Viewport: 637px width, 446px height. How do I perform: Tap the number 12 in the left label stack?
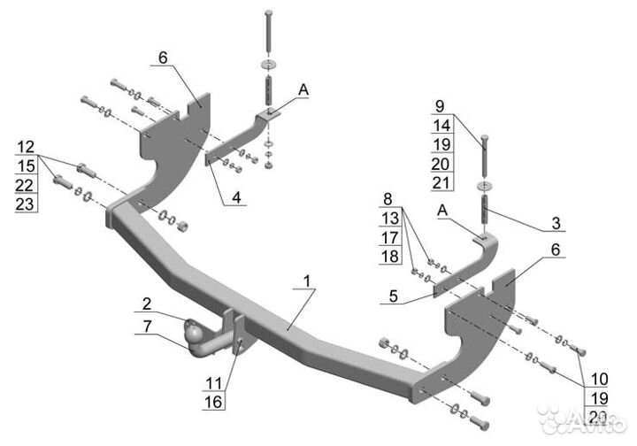(x=26, y=145)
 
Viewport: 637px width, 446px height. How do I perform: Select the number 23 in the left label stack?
(x=26, y=204)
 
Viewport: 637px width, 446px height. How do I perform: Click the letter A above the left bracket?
(x=303, y=88)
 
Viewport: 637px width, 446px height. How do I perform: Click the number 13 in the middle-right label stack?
(x=386, y=219)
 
